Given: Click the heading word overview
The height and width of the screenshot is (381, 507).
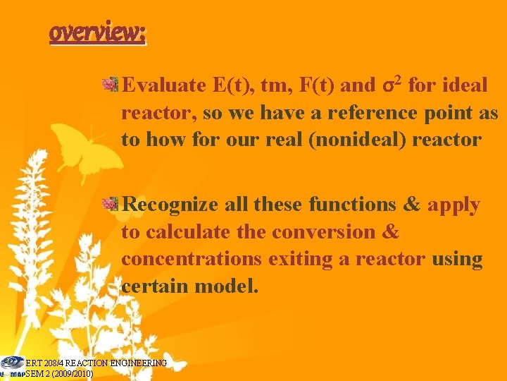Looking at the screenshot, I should pyautogui.click(x=97, y=32).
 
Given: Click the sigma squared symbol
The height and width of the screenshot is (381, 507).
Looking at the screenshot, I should pyautogui.click(x=392, y=85).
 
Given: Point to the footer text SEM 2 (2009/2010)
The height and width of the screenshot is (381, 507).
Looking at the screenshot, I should pyautogui.click(x=59, y=373).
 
